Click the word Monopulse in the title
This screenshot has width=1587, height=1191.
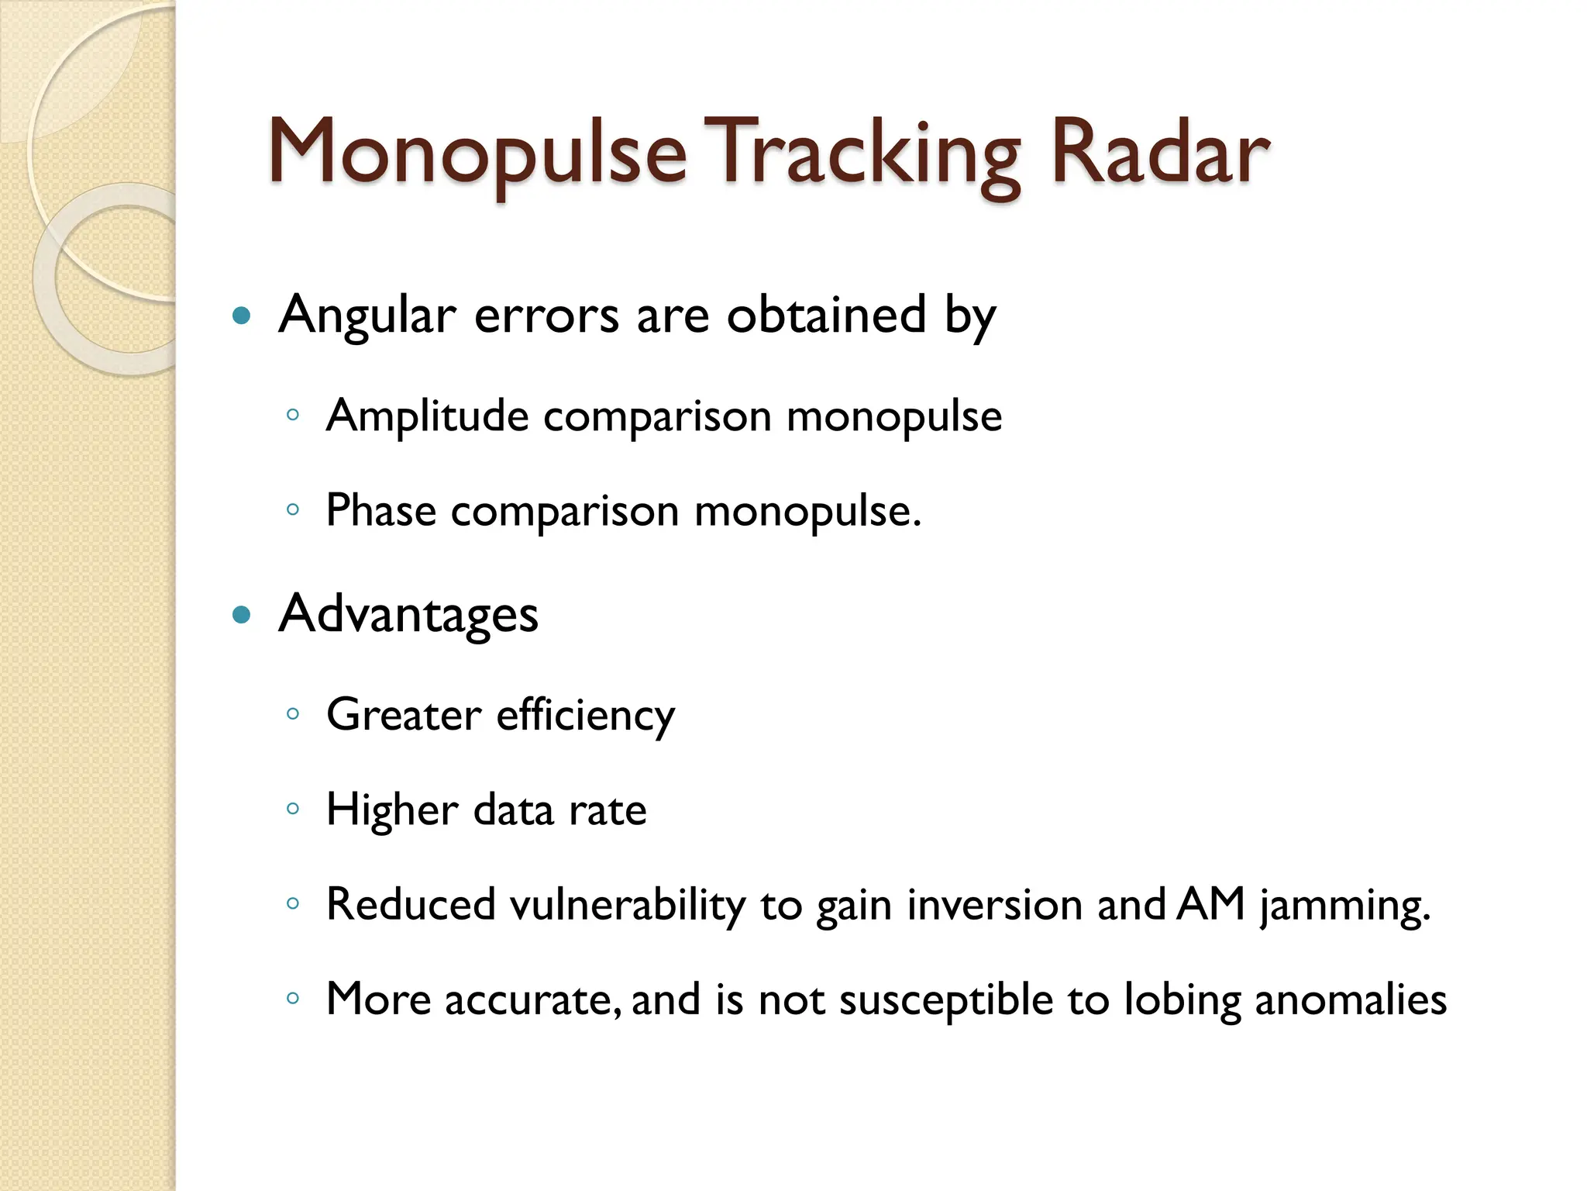tap(477, 153)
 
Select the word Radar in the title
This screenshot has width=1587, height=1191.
tap(1159, 153)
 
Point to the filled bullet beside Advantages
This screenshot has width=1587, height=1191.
tap(243, 615)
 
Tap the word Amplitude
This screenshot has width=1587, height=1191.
tap(428, 416)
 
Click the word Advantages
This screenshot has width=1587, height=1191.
tap(408, 614)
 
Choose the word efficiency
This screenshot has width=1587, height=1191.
tap(586, 715)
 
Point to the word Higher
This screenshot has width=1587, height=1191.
tap(392, 810)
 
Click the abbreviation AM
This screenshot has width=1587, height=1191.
tap(1210, 904)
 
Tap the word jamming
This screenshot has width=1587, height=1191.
tap(1344, 906)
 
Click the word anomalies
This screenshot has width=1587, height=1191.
tap(1351, 999)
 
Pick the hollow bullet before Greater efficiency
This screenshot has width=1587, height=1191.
tap(293, 714)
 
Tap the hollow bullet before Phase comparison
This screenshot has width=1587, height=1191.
tap(293, 510)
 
